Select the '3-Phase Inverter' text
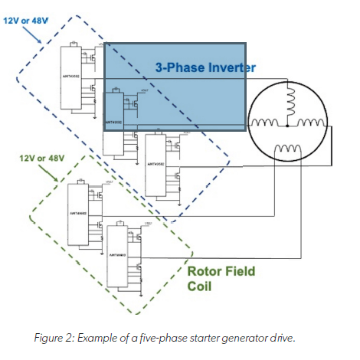pyautogui.click(x=205, y=67)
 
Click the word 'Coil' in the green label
pyautogui.click(x=199, y=286)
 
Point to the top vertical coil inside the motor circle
pyautogui.click(x=289, y=98)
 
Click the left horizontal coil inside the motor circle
pyautogui.click(x=266, y=123)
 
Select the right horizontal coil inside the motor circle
pyautogui.click(x=310, y=123)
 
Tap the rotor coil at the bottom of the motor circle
pyautogui.click(x=287, y=148)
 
